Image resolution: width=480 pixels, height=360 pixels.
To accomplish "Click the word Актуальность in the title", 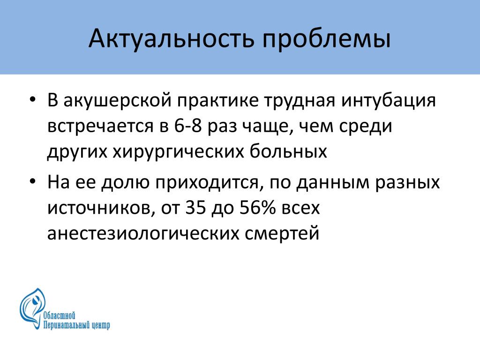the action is [172, 39].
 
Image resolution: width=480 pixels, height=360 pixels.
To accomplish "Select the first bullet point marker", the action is [33, 100].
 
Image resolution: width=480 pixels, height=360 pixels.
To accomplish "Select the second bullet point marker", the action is [33, 181].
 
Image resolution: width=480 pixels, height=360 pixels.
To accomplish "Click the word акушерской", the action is [117, 101].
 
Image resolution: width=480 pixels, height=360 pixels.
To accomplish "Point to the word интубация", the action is [389, 100].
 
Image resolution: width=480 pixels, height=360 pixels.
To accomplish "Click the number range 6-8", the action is [188, 126].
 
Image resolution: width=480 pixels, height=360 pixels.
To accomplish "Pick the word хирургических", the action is [179, 152].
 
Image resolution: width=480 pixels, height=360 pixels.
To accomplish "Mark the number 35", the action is [195, 208].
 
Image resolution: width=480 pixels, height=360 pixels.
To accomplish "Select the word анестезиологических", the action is [143, 233].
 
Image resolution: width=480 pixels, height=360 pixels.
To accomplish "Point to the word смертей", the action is [282, 233].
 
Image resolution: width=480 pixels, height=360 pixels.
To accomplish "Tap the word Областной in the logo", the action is [59, 315].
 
